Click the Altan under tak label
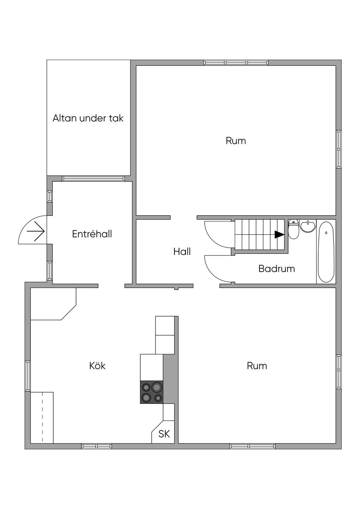88,118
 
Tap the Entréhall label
92,234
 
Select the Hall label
182,252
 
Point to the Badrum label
277,269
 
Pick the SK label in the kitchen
164,434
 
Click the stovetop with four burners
152,392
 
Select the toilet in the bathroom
294,229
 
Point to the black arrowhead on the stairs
279,234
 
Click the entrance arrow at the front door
36,231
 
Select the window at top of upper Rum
236,63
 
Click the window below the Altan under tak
94,178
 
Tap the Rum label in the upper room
236,141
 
